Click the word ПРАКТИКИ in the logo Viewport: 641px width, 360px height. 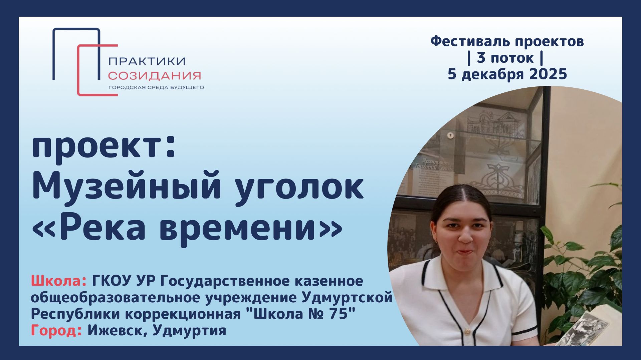tap(147, 61)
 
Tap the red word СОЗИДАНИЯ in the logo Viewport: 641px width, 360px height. tap(154, 76)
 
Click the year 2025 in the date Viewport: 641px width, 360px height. tap(548, 74)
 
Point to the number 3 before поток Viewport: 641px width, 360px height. tap(481, 58)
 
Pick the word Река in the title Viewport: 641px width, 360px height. tap(102, 228)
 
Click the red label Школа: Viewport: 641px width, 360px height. tap(59, 281)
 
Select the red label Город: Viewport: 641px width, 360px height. tap(56, 331)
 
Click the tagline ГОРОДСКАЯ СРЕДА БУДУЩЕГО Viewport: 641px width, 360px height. tap(156, 88)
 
